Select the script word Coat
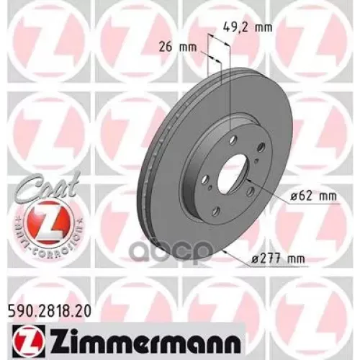click(x=42, y=184)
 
